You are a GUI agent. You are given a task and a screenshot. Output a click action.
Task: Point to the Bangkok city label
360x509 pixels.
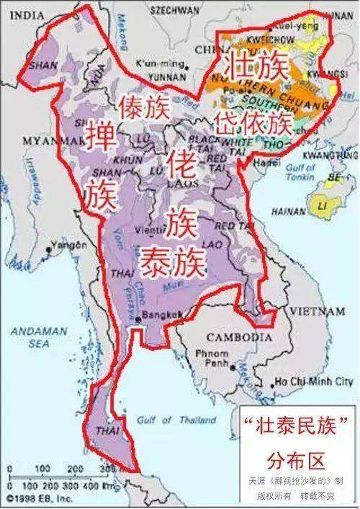pos(161,315)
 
